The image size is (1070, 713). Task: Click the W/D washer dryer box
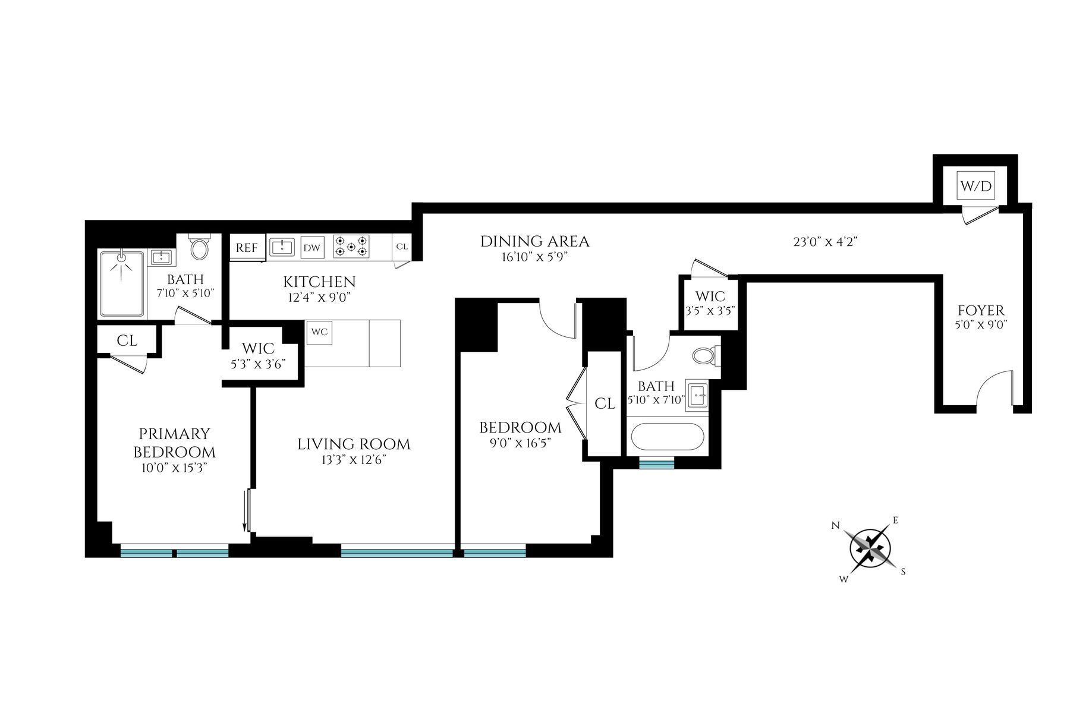tap(976, 186)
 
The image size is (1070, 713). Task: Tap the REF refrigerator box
tap(246, 248)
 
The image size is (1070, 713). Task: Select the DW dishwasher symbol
tap(311, 248)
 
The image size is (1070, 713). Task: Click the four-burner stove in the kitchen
tap(351, 247)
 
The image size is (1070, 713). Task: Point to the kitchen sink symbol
tap(281, 247)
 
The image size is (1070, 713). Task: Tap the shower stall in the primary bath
tap(122, 284)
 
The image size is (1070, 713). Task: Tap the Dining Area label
tap(534, 241)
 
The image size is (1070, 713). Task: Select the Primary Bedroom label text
tap(174, 443)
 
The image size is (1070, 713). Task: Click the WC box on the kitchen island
tap(319, 332)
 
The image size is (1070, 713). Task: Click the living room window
tap(396, 553)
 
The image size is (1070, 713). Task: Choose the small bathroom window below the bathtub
tap(656, 464)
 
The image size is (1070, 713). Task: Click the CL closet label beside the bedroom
tap(605, 404)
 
